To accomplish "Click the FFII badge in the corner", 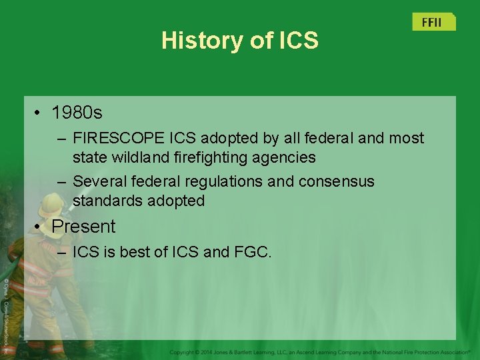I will (432, 22).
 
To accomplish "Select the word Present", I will (83, 227).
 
